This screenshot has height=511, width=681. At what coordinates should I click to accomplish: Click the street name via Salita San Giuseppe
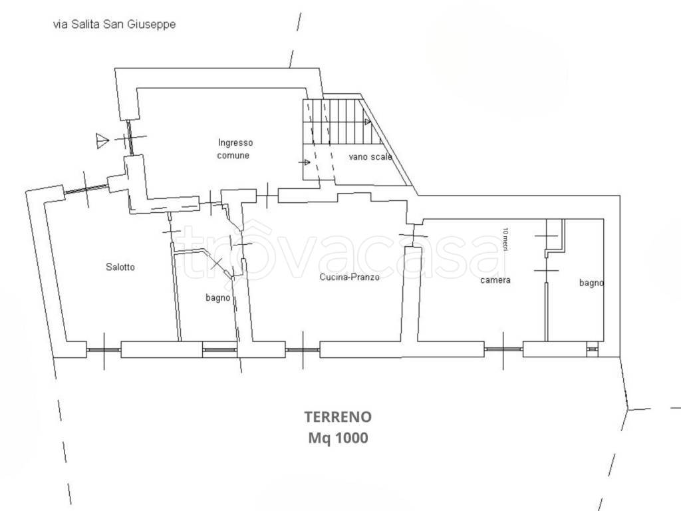[114, 25]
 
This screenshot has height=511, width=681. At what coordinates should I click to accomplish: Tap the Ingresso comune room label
[235, 149]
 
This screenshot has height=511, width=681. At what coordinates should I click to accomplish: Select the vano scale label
[370, 157]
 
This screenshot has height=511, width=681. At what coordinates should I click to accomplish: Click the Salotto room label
[120, 267]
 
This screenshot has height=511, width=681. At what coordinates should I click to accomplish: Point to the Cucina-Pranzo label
[350, 277]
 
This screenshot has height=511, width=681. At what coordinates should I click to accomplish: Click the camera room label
[495, 280]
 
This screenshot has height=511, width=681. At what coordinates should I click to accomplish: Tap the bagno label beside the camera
[591, 283]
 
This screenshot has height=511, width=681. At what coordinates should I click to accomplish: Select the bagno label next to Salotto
[218, 298]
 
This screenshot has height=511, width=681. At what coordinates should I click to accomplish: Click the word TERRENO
[338, 417]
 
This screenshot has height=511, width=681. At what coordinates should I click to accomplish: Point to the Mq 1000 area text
[338, 438]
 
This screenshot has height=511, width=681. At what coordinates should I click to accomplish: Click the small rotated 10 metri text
[505, 239]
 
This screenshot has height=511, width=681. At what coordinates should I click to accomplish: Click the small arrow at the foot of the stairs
[306, 162]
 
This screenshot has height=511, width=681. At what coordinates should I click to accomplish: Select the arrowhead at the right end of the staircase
[368, 122]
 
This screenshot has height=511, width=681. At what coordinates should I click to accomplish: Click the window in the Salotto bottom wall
[103, 350]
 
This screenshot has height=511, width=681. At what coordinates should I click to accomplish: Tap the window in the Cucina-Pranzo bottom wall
[303, 350]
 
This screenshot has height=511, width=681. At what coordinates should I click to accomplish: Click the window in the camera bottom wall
[503, 349]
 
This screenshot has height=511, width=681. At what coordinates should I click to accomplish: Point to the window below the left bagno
[219, 350]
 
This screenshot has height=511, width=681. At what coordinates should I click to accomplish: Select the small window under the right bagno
[592, 349]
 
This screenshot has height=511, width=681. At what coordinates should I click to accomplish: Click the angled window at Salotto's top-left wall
[86, 190]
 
